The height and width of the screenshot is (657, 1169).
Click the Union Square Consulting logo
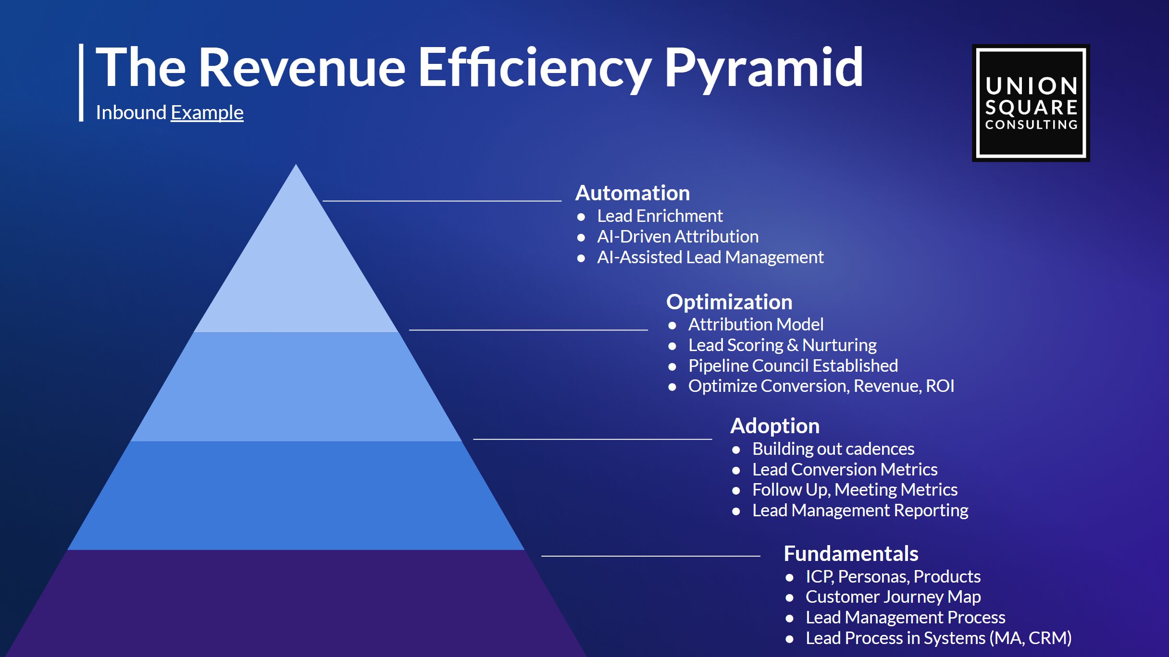coord(1031,103)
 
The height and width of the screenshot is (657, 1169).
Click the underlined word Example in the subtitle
coord(207,113)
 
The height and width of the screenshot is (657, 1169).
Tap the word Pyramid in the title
coord(763,68)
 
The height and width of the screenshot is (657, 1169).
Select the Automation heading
coord(633,193)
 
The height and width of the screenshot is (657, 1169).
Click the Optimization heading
coord(729,302)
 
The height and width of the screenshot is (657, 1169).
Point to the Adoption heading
coord(775,426)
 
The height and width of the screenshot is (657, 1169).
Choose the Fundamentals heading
coord(851,553)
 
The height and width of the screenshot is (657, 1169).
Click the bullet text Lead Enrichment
coord(659,216)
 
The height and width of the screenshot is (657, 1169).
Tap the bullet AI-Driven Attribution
coord(678,237)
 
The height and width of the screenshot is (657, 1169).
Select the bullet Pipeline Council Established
coord(793,366)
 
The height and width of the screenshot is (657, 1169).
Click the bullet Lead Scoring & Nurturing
coord(783,345)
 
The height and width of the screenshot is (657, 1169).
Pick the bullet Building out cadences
coord(833,449)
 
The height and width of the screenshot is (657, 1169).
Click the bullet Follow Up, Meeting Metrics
coord(855,490)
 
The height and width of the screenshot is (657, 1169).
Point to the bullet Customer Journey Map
coord(893,597)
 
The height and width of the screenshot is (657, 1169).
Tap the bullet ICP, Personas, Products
coord(893,576)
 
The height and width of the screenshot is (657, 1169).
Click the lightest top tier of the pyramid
coord(296,269)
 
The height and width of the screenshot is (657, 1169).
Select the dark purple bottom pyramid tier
coord(296,604)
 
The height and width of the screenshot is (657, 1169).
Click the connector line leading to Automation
coord(442,201)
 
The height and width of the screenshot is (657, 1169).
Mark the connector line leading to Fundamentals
coord(651,556)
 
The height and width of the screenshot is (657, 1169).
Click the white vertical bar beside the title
coord(81,82)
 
